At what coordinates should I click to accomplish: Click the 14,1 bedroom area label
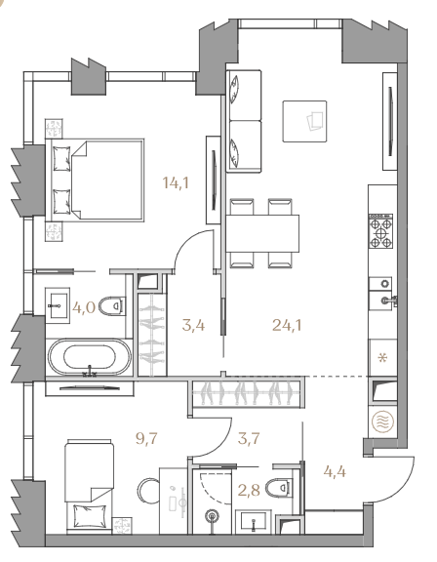176,182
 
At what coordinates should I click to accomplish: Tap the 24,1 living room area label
287,325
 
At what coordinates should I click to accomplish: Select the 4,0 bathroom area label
84,307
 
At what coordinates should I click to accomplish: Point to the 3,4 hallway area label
193,326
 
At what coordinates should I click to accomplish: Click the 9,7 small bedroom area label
147,438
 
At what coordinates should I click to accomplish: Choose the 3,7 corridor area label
249,438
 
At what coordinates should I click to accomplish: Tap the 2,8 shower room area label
249,490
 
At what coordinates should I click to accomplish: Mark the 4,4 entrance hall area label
335,471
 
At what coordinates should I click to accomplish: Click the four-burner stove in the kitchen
380,231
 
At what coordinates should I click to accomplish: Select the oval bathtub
90,357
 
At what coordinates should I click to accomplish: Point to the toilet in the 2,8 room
280,487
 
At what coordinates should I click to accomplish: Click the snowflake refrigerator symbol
383,358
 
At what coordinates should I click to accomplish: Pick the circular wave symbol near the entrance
383,421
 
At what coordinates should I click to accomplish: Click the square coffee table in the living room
304,121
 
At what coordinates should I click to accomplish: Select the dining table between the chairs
262,234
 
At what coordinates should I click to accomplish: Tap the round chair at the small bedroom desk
148,490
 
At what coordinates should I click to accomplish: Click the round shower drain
212,516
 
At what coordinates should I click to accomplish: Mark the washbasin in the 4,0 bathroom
58,305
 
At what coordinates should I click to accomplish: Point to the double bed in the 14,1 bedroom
95,181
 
